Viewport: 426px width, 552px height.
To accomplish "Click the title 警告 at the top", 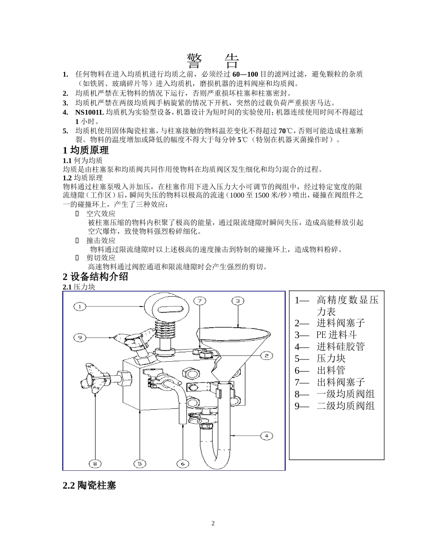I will pos(213,61).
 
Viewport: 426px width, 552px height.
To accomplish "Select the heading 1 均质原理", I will pos(86,150).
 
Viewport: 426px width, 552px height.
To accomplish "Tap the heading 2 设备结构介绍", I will pos(96,276).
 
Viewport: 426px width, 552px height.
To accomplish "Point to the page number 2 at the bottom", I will pos(213,523).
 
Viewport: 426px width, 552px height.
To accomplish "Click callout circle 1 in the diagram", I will pos(80,307).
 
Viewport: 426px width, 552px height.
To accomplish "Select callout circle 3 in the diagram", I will pos(238,301).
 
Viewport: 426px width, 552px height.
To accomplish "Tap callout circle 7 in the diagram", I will pos(200,301).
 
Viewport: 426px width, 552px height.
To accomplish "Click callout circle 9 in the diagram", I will pos(80,337).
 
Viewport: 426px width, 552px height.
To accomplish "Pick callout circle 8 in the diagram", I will pos(95,463).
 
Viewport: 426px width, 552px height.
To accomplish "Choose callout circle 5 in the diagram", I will pos(140,463).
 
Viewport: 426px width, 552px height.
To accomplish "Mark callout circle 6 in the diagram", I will pos(183,463).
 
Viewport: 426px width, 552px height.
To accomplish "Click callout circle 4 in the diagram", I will pos(266,435).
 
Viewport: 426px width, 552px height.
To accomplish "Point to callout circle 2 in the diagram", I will pos(266,355).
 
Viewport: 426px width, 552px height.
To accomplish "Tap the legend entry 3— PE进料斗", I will pos(326,335).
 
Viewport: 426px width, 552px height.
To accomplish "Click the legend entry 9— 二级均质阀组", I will pos(335,406).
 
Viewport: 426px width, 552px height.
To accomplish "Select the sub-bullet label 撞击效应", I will pos(101,240).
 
